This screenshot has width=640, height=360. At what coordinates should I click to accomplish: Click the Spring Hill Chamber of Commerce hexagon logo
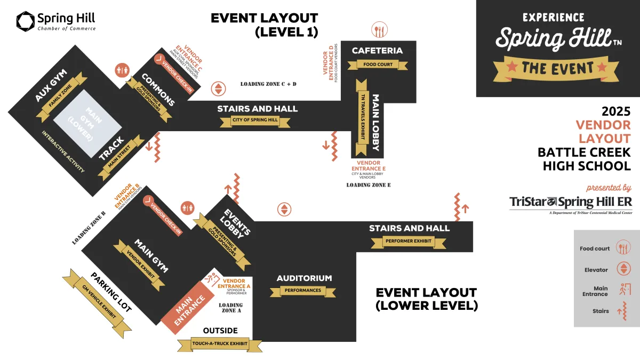[x=25, y=21]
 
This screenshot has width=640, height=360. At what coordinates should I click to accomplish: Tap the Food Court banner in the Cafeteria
[x=378, y=65]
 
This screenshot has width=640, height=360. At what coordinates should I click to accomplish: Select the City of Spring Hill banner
[x=255, y=121]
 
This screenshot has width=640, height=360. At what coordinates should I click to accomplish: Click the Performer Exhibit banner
[x=409, y=241]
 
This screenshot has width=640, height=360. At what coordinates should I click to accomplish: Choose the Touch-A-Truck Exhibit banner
[x=220, y=344]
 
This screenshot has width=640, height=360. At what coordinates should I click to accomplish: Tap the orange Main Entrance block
[x=190, y=306]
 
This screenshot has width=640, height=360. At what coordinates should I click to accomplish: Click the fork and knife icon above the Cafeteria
[x=379, y=30]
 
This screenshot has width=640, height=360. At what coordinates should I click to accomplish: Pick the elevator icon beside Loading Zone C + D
[x=218, y=89]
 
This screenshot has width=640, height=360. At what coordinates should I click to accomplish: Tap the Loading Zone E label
[x=369, y=185]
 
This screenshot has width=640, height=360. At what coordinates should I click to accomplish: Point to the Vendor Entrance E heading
[x=369, y=165]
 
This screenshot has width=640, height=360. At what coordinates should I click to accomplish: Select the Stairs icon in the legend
[x=622, y=311]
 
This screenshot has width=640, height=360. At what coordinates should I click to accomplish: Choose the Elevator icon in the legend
[x=622, y=269]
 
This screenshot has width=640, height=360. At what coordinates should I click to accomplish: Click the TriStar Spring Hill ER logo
[x=570, y=203]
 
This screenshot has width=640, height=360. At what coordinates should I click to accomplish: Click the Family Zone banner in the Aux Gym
[x=59, y=97]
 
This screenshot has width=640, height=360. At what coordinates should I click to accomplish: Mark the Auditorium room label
[x=304, y=278]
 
